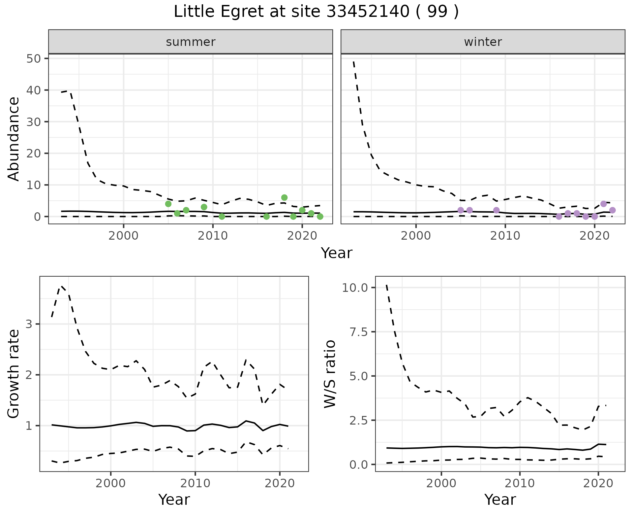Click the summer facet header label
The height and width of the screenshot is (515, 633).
pyautogui.click(x=191, y=42)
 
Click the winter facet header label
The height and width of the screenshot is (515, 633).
pyautogui.click(x=483, y=42)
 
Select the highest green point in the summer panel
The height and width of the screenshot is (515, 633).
pyautogui.click(x=284, y=197)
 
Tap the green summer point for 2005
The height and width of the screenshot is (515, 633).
pyautogui.click(x=168, y=204)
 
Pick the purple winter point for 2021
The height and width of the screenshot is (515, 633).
pyautogui.click(x=603, y=204)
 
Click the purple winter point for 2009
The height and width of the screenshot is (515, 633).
pyautogui.click(x=496, y=210)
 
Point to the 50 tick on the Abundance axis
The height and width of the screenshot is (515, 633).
pyautogui.click(x=33, y=59)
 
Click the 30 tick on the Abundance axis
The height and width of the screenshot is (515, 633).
pyautogui.click(x=33, y=122)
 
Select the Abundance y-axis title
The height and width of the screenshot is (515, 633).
pyautogui.click(x=14, y=139)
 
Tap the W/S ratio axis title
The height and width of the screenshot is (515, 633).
pyautogui.click(x=330, y=374)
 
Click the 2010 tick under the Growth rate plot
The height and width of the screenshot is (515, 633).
pyautogui.click(x=195, y=483)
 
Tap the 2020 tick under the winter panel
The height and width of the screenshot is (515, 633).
pyautogui.click(x=594, y=236)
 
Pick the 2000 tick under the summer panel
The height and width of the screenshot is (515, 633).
pyautogui.click(x=123, y=236)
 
